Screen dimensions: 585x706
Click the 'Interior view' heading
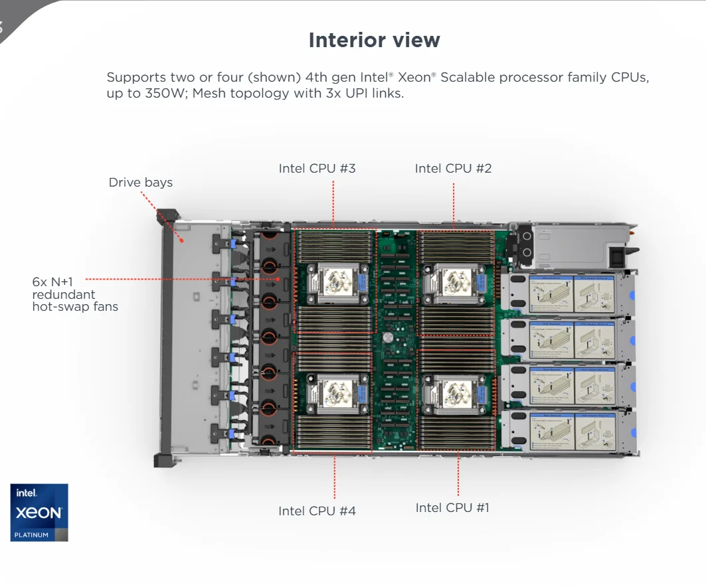coord(374,40)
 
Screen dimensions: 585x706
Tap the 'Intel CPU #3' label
coord(317,169)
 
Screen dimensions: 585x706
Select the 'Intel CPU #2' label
coord(453,169)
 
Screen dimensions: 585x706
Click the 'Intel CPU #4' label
coord(317,511)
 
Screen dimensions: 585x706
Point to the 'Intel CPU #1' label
coord(452,508)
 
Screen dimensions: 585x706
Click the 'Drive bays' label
coord(140,183)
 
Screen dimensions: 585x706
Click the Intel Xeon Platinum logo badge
coord(39,512)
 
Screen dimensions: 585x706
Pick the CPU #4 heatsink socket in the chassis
coord(336,393)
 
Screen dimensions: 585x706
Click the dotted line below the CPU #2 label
coord(454,206)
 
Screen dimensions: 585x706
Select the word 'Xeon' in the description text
coord(416,78)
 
